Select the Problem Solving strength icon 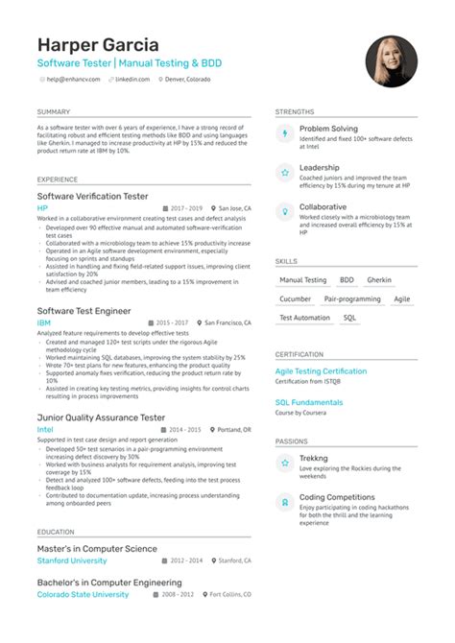[x=283, y=134]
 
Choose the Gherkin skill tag [x=379, y=280]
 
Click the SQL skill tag [x=349, y=317]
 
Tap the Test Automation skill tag [x=304, y=317]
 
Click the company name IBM [x=43, y=324]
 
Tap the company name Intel [x=45, y=430]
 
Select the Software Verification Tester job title [x=92, y=196]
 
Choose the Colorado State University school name [x=83, y=594]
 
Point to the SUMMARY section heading [x=55, y=112]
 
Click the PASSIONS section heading [x=292, y=441]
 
